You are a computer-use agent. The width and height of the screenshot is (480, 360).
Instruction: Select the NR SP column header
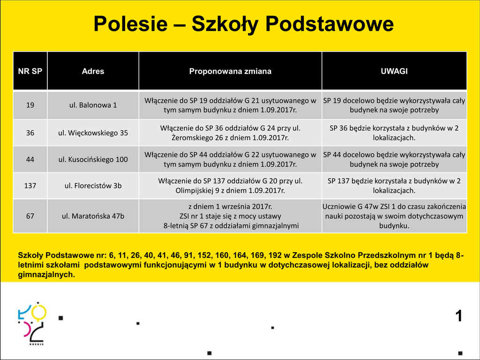pyautogui.click(x=30, y=71)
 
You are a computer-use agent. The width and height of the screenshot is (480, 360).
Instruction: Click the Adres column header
pyautogui.click(x=93, y=71)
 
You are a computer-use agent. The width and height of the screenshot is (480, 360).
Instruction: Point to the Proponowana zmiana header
pyautogui.click(x=230, y=71)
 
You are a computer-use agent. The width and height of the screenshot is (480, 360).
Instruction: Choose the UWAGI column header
pyautogui.click(x=394, y=71)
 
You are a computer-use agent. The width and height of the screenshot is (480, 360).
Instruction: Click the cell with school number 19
pyautogui.click(x=30, y=105)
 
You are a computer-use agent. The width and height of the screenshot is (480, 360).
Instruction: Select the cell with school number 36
pyautogui.click(x=30, y=133)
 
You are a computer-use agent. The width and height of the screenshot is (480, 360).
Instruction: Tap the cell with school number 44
pyautogui.click(x=30, y=159)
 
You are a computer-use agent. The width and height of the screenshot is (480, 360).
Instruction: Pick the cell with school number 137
pyautogui.click(x=30, y=186)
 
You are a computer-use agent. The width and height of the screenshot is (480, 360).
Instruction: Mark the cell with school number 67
pyautogui.click(x=30, y=216)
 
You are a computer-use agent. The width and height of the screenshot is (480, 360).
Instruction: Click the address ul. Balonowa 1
pyautogui.click(x=93, y=105)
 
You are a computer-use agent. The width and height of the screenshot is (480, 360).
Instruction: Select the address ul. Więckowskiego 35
pyautogui.click(x=93, y=133)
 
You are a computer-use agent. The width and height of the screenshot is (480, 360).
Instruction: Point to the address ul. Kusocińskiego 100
pyautogui.click(x=93, y=159)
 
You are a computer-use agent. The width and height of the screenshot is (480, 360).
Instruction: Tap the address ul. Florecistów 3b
pyautogui.click(x=93, y=186)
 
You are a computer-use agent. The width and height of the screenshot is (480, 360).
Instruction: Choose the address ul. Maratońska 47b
pyautogui.click(x=93, y=216)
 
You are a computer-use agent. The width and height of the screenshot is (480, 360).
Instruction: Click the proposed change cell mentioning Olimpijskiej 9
pyautogui.click(x=230, y=186)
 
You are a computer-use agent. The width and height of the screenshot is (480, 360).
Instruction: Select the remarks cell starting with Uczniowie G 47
pyautogui.click(x=394, y=216)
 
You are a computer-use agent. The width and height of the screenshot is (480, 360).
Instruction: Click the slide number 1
pyautogui.click(x=458, y=316)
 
